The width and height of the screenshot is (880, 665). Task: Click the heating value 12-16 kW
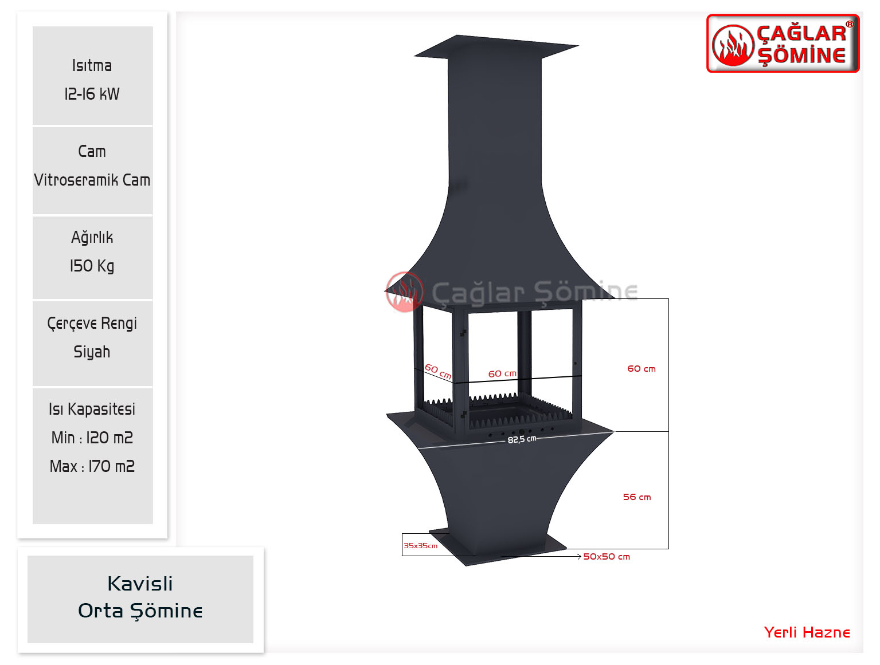click(92, 94)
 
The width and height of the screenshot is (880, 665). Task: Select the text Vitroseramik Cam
click(92, 180)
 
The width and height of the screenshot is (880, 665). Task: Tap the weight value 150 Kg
click(92, 266)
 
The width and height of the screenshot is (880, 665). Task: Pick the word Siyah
click(92, 352)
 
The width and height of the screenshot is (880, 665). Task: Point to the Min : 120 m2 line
click(92, 438)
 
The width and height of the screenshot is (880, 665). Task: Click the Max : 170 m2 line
click(92, 466)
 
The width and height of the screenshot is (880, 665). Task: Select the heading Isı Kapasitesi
click(92, 409)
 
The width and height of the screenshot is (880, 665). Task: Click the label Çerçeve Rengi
click(92, 324)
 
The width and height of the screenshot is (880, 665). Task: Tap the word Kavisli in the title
click(140, 584)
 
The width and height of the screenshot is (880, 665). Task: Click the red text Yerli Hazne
click(807, 632)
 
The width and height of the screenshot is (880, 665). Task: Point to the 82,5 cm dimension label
click(522, 439)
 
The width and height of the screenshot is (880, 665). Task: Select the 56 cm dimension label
click(637, 497)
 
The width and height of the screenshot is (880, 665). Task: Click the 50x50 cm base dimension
click(607, 557)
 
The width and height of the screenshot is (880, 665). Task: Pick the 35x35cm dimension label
click(421, 546)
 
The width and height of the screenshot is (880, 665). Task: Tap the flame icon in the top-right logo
click(733, 46)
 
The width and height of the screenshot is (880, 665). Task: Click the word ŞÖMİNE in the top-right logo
click(802, 56)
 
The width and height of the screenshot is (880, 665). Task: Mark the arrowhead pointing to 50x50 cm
click(579, 557)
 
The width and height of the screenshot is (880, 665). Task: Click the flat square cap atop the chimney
click(496, 47)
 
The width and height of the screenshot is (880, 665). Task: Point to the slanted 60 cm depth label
click(438, 372)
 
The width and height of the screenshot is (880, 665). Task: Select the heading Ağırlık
click(92, 238)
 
